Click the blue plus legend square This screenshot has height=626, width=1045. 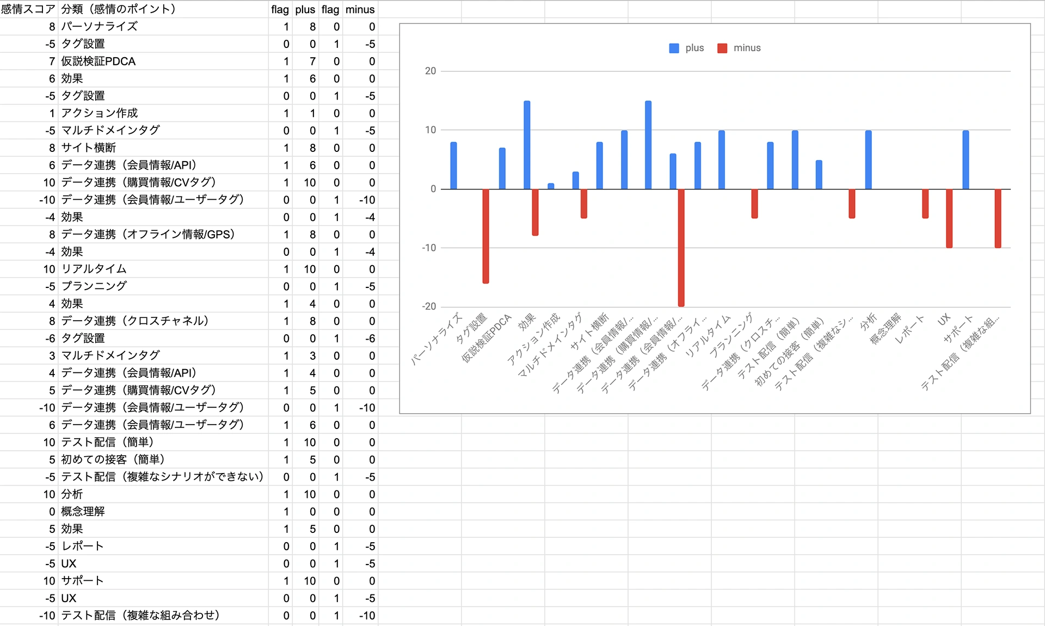tap(674, 48)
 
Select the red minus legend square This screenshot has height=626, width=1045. tap(722, 48)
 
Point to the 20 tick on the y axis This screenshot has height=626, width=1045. tap(431, 71)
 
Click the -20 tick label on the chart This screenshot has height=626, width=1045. tap(429, 306)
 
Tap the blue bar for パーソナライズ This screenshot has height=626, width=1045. tap(453, 165)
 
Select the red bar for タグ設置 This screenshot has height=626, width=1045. tap(485, 236)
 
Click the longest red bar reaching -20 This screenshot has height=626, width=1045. tap(681, 248)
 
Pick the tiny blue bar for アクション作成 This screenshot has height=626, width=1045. tap(551, 186)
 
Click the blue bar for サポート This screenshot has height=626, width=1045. tap(966, 160)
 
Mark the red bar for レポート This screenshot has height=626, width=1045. tap(925, 204)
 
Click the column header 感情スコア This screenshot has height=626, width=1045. tap(28, 9)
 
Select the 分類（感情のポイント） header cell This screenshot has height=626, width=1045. tap(118, 9)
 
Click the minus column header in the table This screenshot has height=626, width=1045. tap(360, 9)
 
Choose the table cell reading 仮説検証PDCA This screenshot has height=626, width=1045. tap(98, 61)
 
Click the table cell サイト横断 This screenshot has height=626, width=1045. tap(88, 148)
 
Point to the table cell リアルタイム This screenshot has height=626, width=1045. tap(94, 269)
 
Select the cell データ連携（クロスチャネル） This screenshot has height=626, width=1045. tap(134, 321)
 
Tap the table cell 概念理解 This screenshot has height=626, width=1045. tap(83, 511)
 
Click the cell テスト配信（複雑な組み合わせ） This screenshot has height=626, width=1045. tap(140, 615)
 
